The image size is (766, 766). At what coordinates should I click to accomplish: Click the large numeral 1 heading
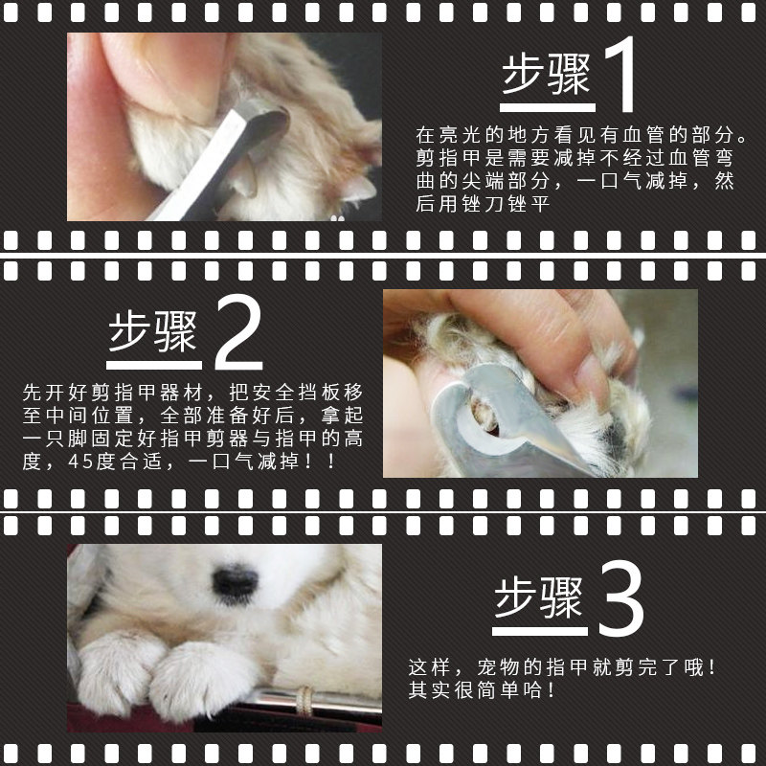pyautogui.click(x=620, y=75)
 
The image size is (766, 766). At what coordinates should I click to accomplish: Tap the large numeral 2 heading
pyautogui.click(x=238, y=332)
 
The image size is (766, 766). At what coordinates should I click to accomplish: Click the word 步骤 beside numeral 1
pyautogui.click(x=547, y=75)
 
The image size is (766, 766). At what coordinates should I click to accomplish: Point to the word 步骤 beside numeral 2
pyautogui.click(x=153, y=332)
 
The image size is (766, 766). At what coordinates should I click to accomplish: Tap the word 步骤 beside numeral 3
pyautogui.click(x=539, y=597)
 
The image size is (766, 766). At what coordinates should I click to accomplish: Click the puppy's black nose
pyautogui.click(x=235, y=581)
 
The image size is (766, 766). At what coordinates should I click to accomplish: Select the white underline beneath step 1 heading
pyautogui.click(x=547, y=108)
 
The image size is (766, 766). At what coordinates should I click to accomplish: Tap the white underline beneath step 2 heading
pyautogui.click(x=154, y=366)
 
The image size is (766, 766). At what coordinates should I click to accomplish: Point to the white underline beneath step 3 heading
pyautogui.click(x=540, y=631)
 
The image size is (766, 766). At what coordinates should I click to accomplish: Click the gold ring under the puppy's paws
pyautogui.click(x=305, y=701)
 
